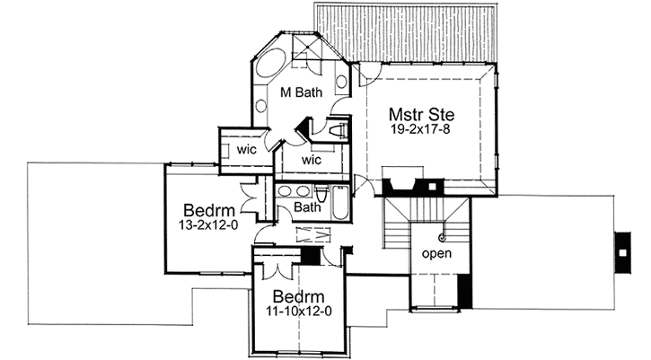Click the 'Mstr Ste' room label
click(421, 114)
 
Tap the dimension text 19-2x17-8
click(421, 130)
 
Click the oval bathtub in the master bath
click(270, 64)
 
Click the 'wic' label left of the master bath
click(247, 149)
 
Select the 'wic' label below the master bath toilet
click(311, 160)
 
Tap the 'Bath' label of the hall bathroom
click(308, 207)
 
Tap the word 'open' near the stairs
click(436, 253)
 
